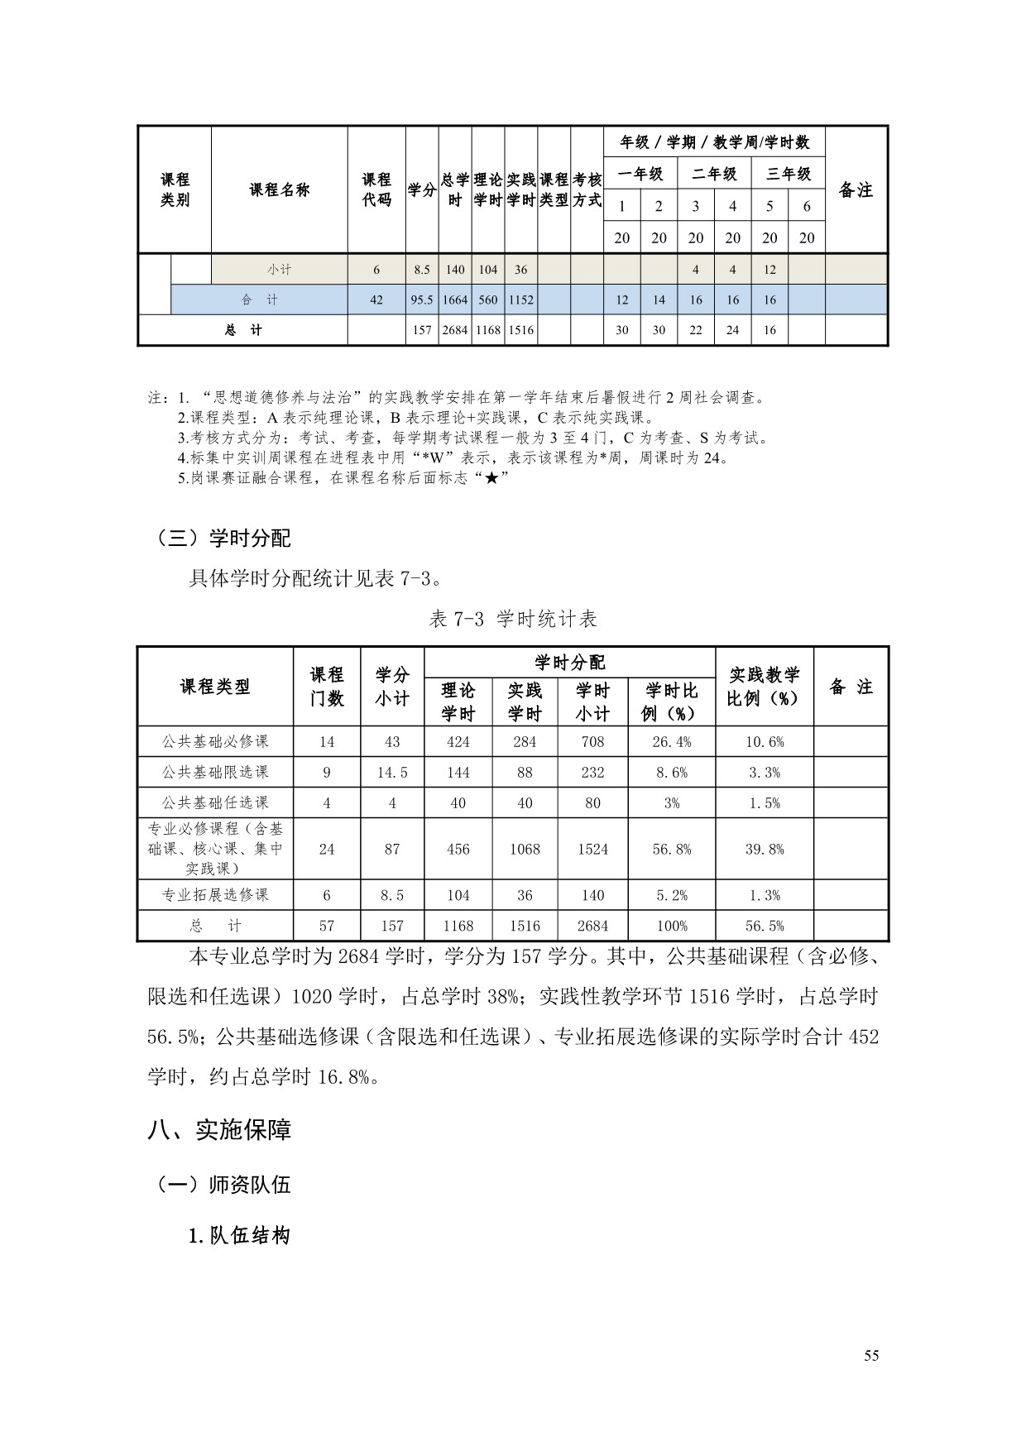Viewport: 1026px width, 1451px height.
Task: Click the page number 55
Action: pyautogui.click(x=871, y=1355)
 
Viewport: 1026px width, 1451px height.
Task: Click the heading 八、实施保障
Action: pyautogui.click(x=219, y=1130)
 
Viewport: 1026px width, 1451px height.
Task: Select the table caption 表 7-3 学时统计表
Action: pyautogui.click(x=513, y=619)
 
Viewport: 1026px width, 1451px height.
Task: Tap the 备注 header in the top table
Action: pyautogui.click(x=856, y=190)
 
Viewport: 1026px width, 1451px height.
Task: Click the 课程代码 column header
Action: pyautogui.click(x=376, y=190)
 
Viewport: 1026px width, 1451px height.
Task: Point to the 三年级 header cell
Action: pyautogui.click(x=788, y=174)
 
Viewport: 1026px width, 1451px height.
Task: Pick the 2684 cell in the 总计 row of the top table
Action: pyautogui.click(x=455, y=330)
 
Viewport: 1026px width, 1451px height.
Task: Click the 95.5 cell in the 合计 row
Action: pyautogui.click(x=422, y=299)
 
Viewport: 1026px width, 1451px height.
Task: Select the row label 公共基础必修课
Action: pyautogui.click(x=215, y=742)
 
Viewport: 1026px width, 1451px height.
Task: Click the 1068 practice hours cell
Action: pyautogui.click(x=525, y=850)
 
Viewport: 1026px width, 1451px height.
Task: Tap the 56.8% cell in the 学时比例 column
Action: pyautogui.click(x=671, y=850)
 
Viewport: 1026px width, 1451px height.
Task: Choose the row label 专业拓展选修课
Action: pyautogui.click(x=215, y=895)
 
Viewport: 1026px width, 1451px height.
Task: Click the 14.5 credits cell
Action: pyautogui.click(x=392, y=773)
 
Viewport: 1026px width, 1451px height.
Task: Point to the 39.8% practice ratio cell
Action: pyautogui.click(x=765, y=850)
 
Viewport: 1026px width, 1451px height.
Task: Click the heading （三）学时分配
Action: pyautogui.click(x=223, y=539)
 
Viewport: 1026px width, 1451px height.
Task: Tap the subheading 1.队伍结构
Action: pyautogui.click(x=239, y=1237)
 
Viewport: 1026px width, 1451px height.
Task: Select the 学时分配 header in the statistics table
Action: pyautogui.click(x=569, y=663)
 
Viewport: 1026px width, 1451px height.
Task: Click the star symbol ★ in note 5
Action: pyautogui.click(x=491, y=478)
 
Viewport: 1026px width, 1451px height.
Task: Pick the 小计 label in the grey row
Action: pyautogui.click(x=279, y=270)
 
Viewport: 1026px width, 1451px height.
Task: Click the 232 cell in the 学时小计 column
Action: pyautogui.click(x=592, y=773)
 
